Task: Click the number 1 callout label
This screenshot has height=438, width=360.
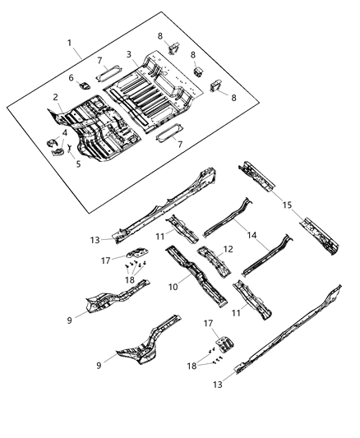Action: click(70, 43)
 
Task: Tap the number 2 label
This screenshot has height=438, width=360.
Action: click(56, 97)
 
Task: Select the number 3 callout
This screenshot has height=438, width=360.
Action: click(128, 54)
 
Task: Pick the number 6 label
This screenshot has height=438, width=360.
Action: click(72, 78)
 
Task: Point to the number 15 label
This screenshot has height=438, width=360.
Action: click(288, 204)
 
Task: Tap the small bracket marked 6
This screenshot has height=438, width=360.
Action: click(85, 85)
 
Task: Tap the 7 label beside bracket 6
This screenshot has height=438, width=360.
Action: click(99, 61)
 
